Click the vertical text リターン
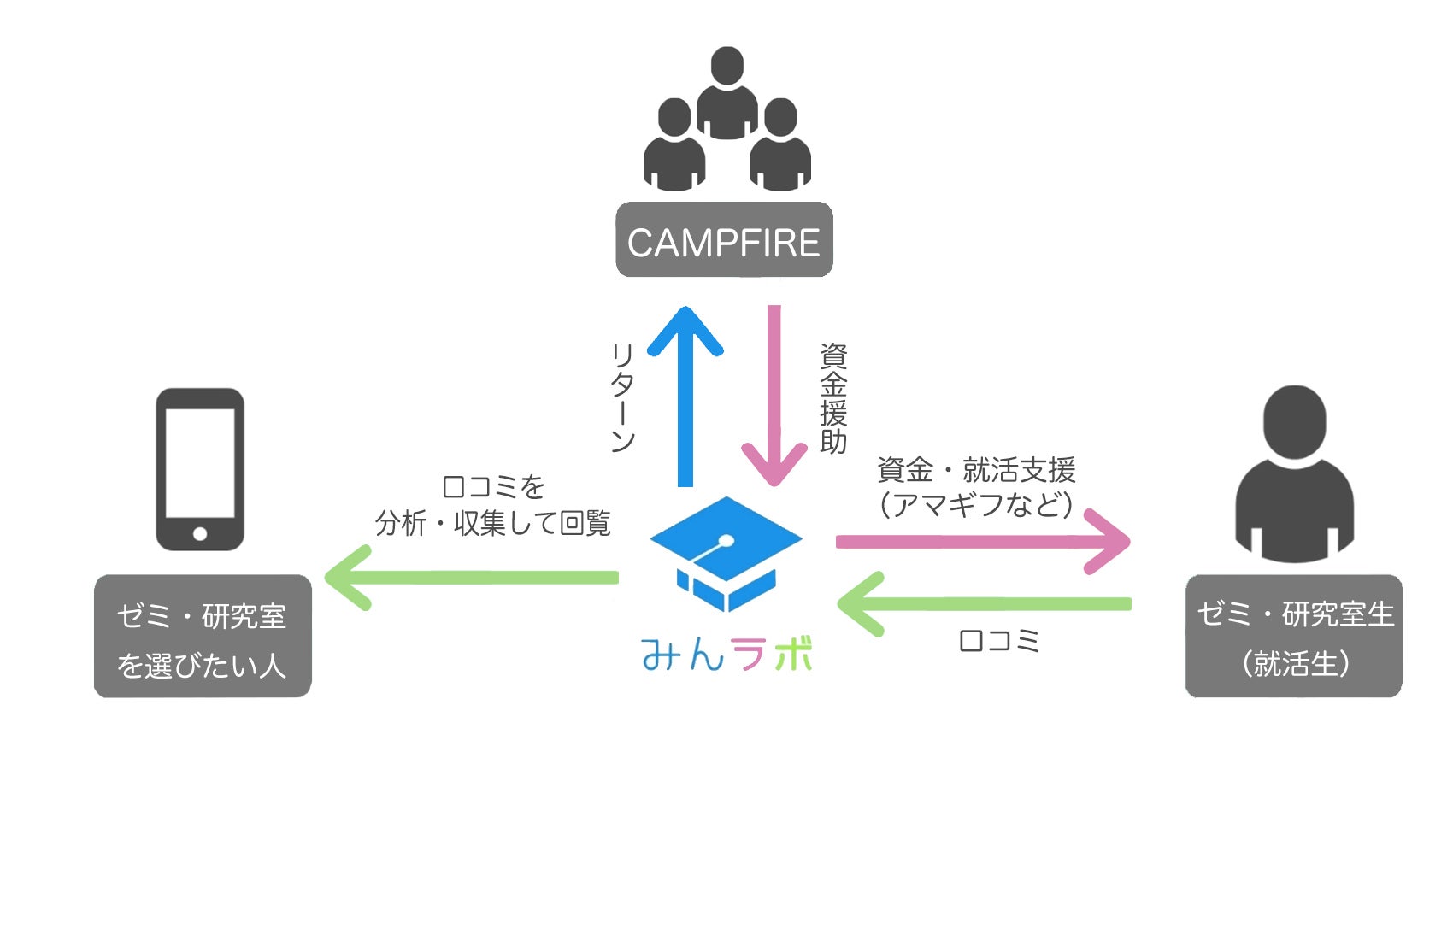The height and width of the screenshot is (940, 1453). coord(622,397)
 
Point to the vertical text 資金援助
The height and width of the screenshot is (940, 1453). coord(833,397)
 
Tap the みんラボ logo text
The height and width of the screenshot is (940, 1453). coord(726,655)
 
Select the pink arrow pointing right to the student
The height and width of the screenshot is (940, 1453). coord(983,542)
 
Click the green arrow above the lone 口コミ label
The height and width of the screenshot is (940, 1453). coord(983,604)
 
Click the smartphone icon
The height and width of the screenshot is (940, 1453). coord(200,469)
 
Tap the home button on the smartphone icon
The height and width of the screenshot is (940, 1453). coord(200,534)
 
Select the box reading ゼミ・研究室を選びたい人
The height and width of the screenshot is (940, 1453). coord(203,637)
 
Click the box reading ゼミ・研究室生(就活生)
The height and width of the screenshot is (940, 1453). coord(1294,637)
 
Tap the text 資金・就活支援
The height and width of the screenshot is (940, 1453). coord(976,470)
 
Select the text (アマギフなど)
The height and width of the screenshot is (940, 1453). coord(976,504)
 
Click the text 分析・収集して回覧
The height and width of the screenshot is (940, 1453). coord(493,523)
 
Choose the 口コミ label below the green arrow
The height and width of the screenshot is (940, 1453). coord(999,641)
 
